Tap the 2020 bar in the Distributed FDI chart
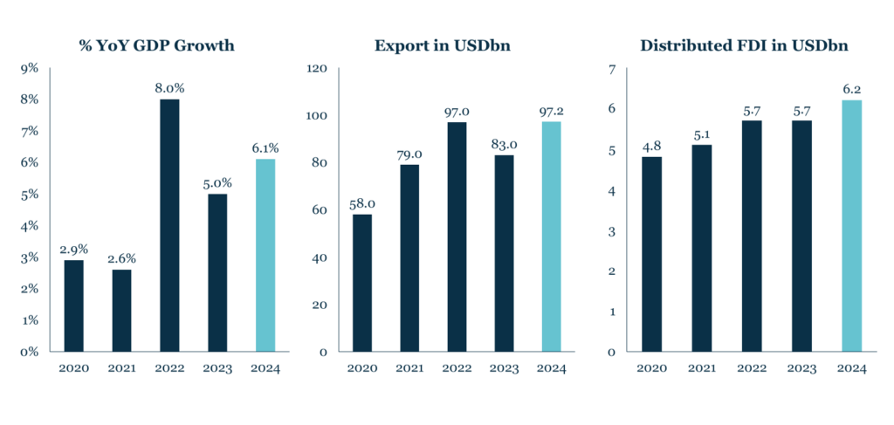[x=652, y=254]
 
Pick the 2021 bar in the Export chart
[x=409, y=258]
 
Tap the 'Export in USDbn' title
[x=456, y=45]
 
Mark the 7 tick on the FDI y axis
[x=612, y=68]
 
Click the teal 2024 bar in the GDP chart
[x=265, y=255]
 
